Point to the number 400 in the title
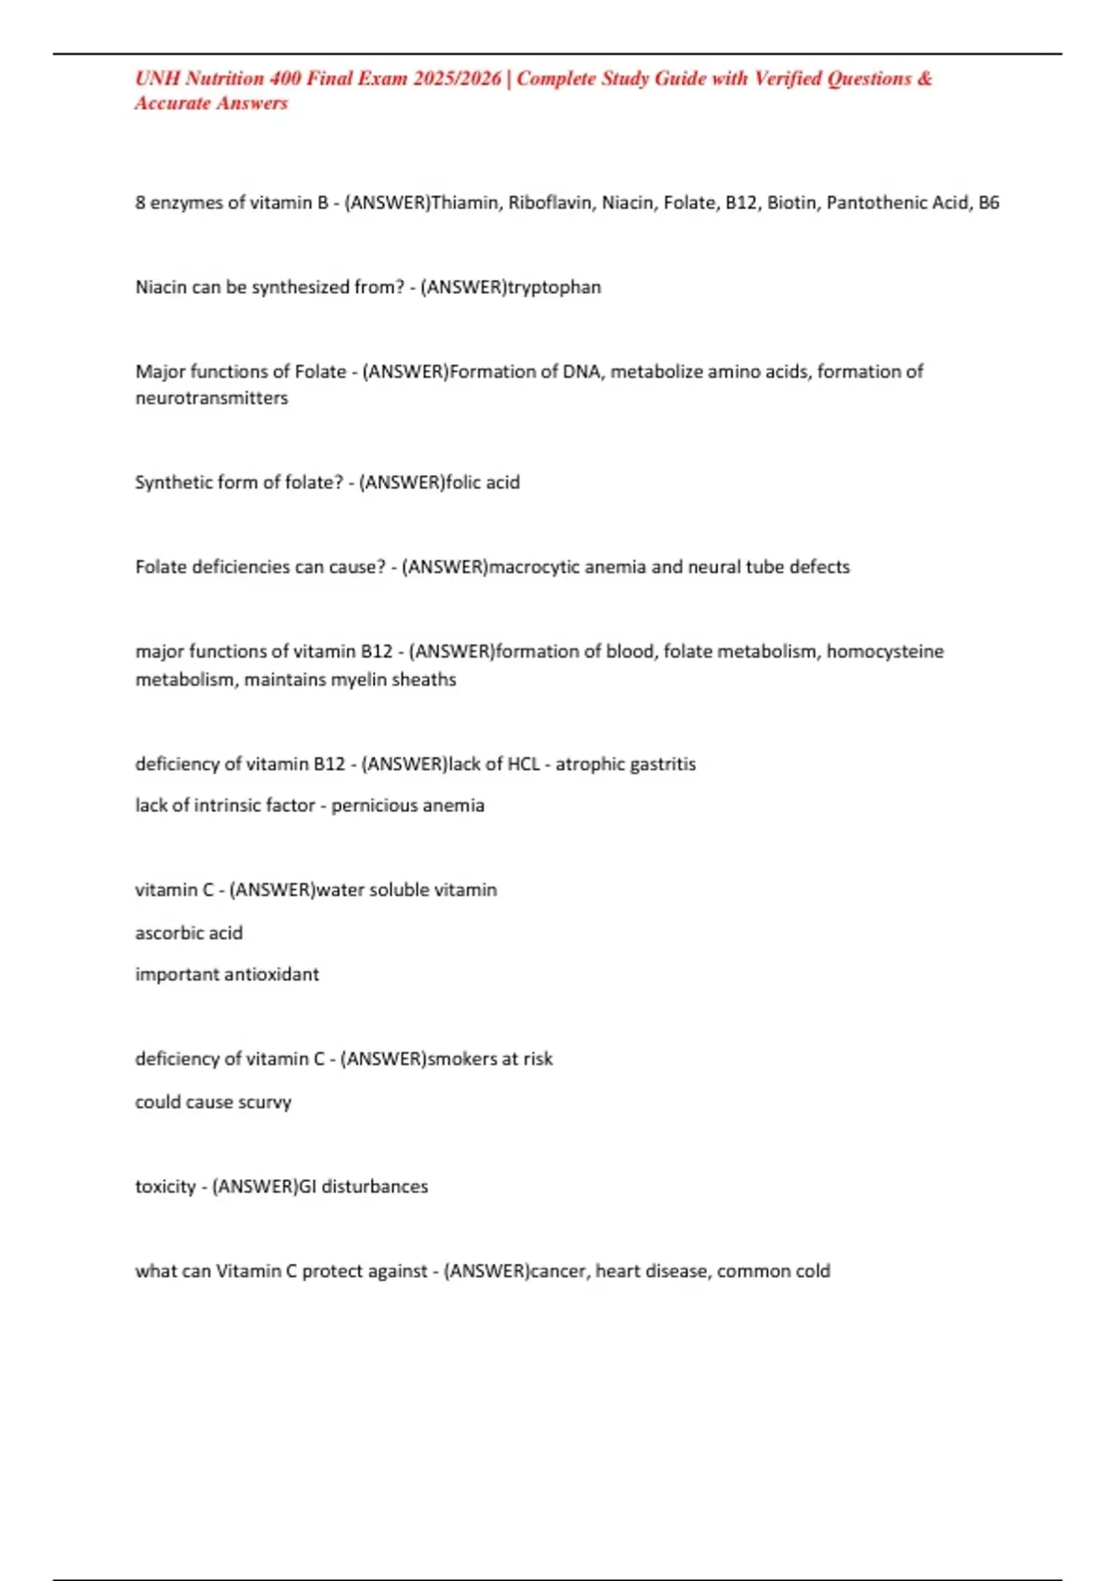[283, 79]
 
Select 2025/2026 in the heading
[458, 79]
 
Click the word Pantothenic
[872, 203]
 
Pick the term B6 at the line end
[989, 203]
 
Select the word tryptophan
[554, 287]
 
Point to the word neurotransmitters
[211, 398]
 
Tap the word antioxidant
[275, 975]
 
